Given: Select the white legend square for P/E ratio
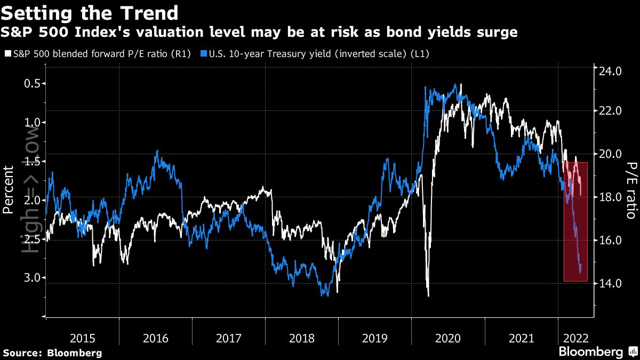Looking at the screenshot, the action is (7, 54).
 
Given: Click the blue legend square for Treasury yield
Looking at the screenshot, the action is (203, 54).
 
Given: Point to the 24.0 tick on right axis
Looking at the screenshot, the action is (611, 70).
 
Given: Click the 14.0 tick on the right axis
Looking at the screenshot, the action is (611, 283).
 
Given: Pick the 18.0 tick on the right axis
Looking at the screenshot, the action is (611, 197).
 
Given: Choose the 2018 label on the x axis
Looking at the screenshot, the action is (302, 338).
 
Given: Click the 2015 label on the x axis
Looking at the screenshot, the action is (83, 338).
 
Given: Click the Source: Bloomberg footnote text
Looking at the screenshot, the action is (52, 353).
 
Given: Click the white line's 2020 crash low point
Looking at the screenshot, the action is (428, 295).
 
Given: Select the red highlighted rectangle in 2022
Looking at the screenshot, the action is (575, 221).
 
